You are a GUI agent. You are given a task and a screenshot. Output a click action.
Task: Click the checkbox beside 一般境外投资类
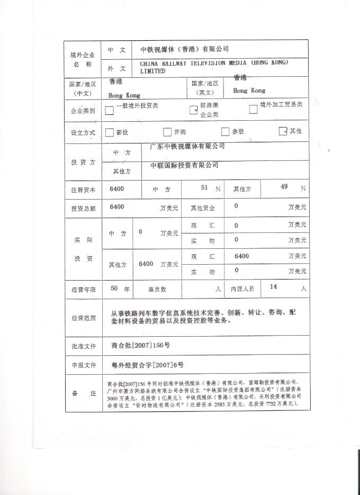coord(109,111)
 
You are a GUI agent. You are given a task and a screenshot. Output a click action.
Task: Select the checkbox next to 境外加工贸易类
coord(253,110)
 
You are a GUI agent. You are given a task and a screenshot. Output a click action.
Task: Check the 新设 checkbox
coord(110,132)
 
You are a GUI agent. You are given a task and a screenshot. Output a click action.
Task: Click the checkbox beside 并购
coord(167,132)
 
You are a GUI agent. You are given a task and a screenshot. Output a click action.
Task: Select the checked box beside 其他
coord(283,131)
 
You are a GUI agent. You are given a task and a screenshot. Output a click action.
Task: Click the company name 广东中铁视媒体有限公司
coord(187,147)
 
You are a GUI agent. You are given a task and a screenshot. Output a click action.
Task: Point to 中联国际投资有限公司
coord(184,166)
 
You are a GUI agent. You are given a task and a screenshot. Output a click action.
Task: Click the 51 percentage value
coord(205,188)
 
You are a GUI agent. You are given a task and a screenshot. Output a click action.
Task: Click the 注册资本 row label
coord(83,190)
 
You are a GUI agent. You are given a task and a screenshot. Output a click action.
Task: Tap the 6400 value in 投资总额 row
coord(117,207)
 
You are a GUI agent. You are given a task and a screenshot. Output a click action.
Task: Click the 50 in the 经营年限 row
coord(113,289)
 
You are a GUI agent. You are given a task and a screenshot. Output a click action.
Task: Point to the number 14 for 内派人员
coord(274,287)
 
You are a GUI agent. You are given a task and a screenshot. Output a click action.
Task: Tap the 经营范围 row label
coord(83,318)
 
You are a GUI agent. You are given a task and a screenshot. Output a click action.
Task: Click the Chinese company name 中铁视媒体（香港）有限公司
coord(184,49)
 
